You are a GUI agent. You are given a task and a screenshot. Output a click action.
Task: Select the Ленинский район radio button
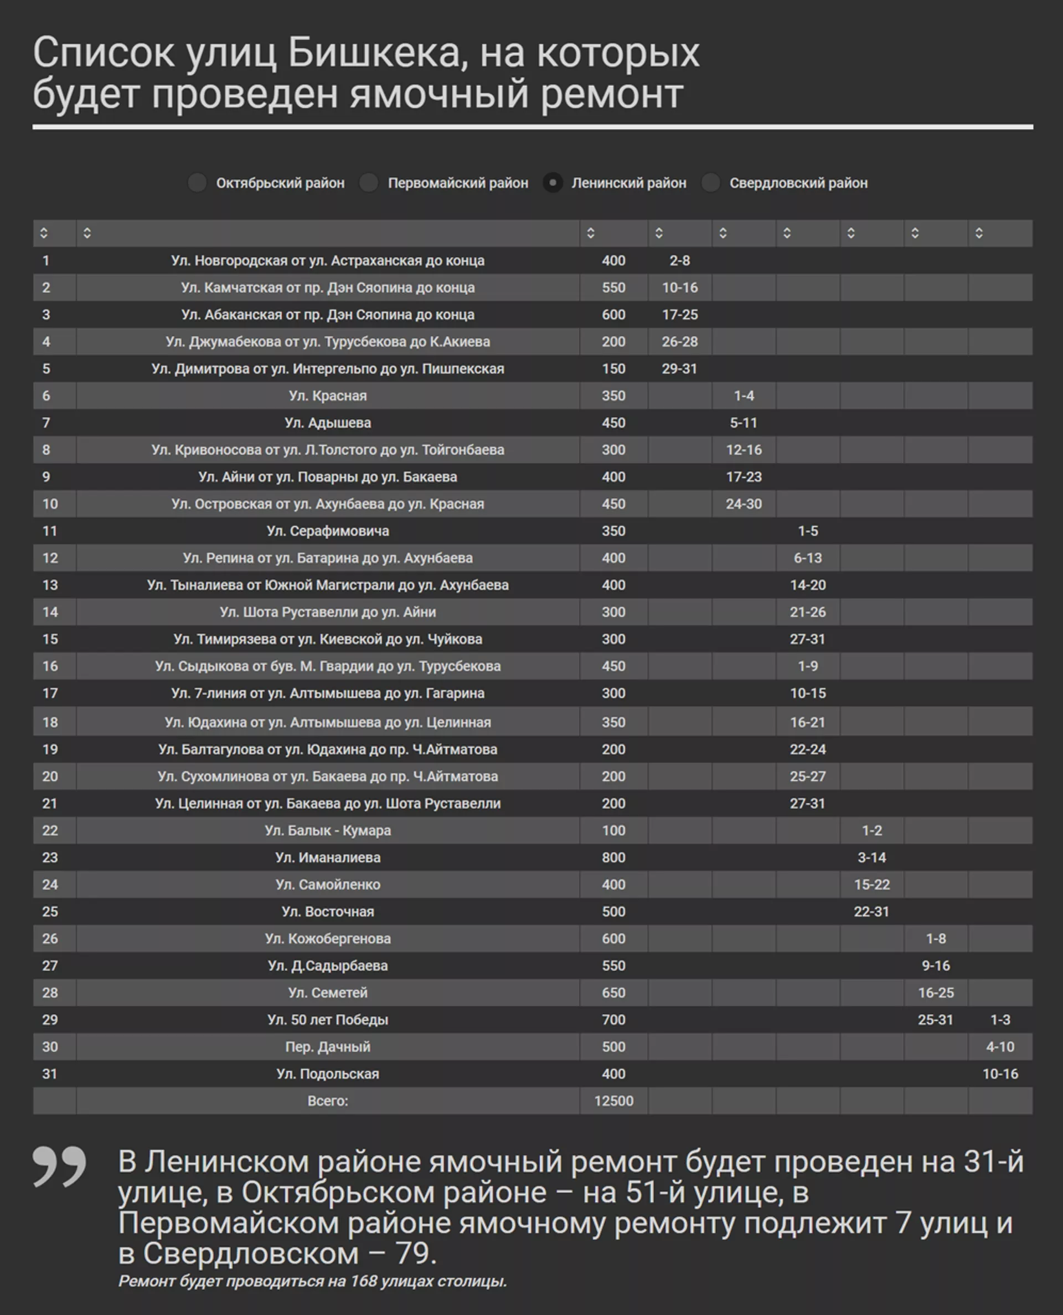[553, 183]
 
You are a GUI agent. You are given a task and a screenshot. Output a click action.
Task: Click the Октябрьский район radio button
[197, 183]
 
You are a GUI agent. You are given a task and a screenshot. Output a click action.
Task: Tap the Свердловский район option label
[798, 183]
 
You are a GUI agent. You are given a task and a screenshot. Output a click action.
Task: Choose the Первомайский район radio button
[369, 183]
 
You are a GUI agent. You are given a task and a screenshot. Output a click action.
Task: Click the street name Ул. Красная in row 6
[328, 395]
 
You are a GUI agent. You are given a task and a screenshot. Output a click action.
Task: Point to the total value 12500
[613, 1101]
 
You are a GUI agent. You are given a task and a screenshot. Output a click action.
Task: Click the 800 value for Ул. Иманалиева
[613, 857]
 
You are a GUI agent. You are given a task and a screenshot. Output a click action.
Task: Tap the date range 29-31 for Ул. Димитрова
[679, 369]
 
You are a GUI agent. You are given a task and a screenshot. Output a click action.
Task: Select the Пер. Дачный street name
[328, 1047]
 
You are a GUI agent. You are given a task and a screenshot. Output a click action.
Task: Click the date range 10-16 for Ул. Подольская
[1000, 1073]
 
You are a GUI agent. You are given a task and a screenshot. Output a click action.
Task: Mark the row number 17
[50, 694]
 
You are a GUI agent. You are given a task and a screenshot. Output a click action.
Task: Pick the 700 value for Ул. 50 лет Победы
[613, 1020]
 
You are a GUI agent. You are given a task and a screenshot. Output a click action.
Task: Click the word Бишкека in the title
[374, 53]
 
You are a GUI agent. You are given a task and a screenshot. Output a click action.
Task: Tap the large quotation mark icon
[59, 1167]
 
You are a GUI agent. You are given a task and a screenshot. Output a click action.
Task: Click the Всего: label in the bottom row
[328, 1101]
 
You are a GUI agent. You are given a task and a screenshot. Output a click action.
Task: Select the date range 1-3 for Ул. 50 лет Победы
[1000, 1020]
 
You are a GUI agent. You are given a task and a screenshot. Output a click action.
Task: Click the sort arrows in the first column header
[44, 233]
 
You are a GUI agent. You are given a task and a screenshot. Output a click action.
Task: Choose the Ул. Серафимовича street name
[328, 531]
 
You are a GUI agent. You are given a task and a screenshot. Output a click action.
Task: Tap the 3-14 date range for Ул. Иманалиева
[871, 857]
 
